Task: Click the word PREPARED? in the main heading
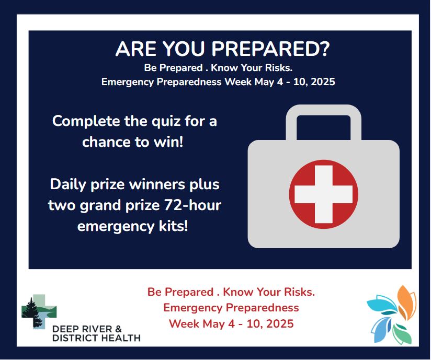(270, 49)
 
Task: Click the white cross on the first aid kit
(324, 194)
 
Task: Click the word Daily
(69, 185)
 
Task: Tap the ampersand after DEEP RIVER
(118, 329)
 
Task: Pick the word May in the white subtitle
(264, 82)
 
